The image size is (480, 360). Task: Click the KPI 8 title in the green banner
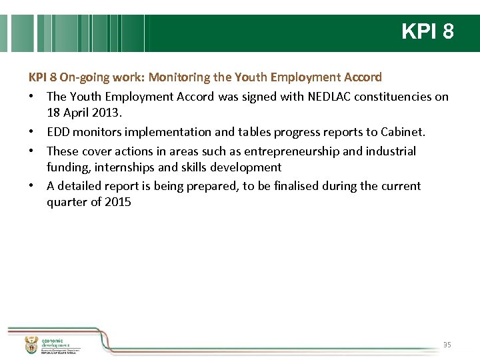tap(427, 31)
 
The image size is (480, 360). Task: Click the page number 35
tap(447, 345)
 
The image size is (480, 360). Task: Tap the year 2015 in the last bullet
tap(118, 201)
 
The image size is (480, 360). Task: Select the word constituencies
tap(399, 97)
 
